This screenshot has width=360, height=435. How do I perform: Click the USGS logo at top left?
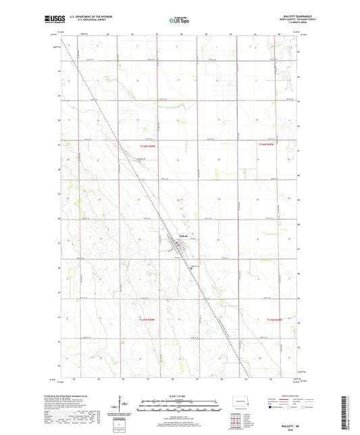click(x=53, y=20)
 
